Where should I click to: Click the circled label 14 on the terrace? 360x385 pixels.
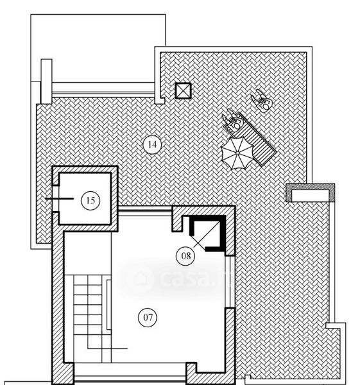point(152,144)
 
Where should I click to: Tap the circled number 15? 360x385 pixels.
point(90,201)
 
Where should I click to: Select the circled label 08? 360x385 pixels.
point(185,256)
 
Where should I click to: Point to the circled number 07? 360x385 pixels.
point(148,317)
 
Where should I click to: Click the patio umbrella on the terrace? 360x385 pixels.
point(237,153)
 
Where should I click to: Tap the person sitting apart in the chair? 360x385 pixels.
point(262,101)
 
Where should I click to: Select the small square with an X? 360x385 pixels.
point(183,90)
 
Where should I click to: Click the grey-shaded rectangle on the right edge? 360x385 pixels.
point(311,193)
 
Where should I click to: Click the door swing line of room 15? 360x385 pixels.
point(60,198)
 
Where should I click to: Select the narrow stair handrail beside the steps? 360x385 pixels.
point(108,304)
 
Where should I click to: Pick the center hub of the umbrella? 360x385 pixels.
point(237,153)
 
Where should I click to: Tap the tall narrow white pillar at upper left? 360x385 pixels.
point(46,81)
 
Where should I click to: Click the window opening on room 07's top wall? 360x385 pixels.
point(145,211)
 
